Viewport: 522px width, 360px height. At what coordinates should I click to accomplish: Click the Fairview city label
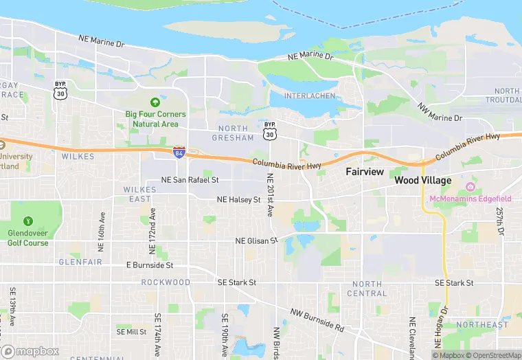364,171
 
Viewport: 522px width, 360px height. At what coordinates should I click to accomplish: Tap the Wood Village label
423,180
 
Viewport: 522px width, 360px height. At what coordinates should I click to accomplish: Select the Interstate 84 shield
179,152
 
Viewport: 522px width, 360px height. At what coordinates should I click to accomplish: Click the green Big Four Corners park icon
163,101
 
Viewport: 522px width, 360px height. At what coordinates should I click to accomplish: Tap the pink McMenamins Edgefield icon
470,187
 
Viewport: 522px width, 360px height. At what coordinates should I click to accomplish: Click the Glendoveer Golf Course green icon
28,221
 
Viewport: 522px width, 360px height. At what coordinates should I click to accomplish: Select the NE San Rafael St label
190,180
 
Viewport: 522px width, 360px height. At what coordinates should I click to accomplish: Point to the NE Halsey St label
238,199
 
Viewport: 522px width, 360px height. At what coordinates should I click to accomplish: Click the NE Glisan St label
256,241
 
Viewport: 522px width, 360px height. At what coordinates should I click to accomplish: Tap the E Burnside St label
150,265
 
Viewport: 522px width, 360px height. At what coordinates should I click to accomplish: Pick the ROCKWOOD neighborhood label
166,282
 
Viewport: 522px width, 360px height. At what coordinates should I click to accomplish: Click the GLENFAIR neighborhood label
80,262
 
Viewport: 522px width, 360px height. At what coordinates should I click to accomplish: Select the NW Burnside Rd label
317,320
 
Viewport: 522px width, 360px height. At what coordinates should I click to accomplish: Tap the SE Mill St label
132,331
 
